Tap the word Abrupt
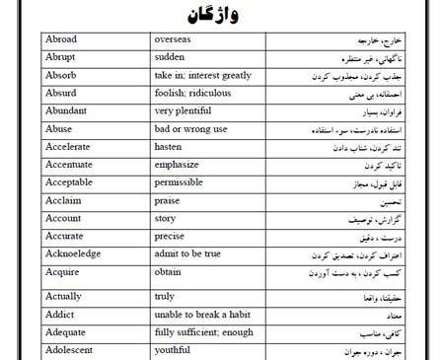point(63,58)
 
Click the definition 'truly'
point(166,295)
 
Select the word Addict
point(61,315)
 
